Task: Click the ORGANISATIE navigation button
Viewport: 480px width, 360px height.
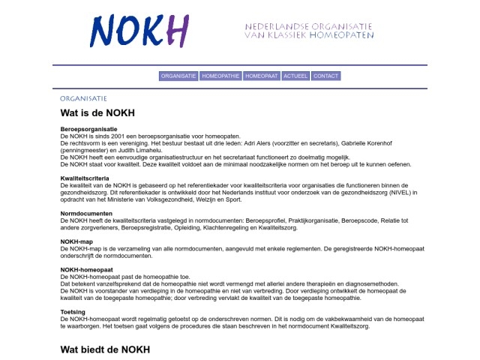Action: pos(178,76)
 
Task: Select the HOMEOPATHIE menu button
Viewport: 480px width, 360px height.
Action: pos(220,76)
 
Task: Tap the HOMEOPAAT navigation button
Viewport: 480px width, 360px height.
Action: pos(262,76)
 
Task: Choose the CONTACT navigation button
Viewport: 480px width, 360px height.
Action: pos(325,76)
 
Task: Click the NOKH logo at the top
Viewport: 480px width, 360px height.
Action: pos(139,31)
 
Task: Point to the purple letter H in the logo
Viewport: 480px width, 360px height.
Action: pos(177,31)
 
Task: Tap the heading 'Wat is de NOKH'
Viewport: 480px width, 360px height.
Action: pos(97,113)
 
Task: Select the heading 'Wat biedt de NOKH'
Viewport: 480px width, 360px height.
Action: pos(105,349)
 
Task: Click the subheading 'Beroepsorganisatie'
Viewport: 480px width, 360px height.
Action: pos(88,129)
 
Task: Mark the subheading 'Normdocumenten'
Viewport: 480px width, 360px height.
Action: pos(86,214)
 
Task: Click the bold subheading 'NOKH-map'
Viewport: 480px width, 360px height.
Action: pos(76,241)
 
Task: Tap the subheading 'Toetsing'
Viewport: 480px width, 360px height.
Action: pos(73,311)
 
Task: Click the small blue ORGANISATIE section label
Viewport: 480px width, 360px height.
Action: pos(83,98)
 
